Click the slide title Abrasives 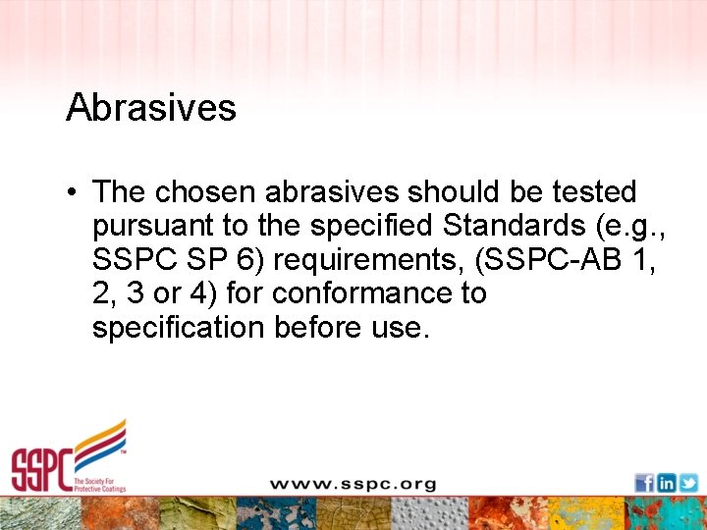point(151,107)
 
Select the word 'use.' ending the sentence point(403,328)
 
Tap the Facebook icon point(644,483)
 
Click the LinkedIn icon point(667,483)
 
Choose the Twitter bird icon point(688,483)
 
